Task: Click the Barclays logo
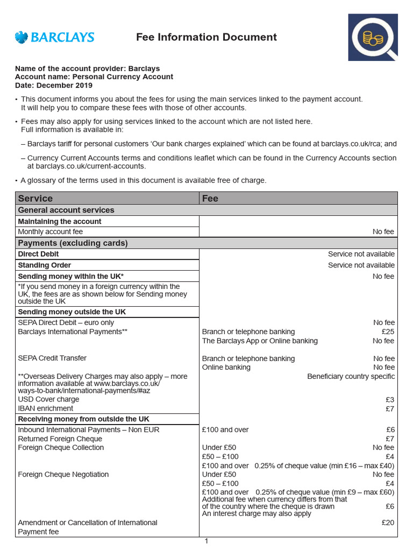coord(54,37)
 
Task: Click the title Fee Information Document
coord(206,37)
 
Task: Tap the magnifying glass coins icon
coord(373,37)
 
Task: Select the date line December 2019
coord(54,85)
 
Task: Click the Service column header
coord(35,198)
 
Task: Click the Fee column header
coord(210,198)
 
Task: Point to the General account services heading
coord(66,210)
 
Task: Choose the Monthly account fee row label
coord(51,232)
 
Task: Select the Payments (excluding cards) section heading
coord(73,243)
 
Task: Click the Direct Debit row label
coord(38,254)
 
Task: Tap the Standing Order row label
coord(45,265)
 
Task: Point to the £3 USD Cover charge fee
coord(390,399)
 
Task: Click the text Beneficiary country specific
coord(351,376)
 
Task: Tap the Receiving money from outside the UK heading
coord(84,419)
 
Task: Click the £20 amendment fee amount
coord(388,522)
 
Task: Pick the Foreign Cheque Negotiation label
coord(63,474)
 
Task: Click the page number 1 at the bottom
coord(206,541)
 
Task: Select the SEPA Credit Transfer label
coord(52,358)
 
